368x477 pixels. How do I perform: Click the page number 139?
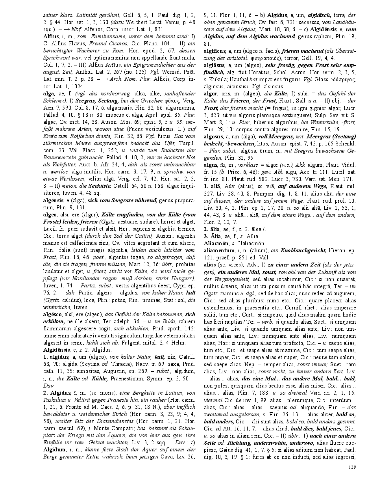coord(352,467)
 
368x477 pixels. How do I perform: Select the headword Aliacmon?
coord(216,243)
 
